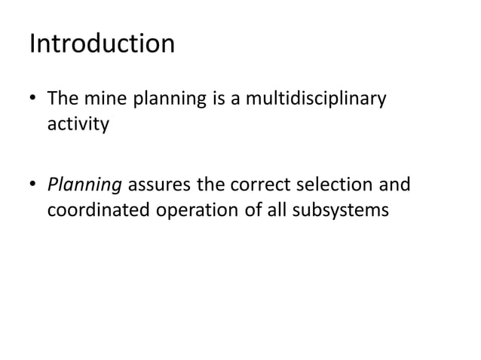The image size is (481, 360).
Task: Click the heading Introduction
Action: [102, 44]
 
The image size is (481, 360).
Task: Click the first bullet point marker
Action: [34, 100]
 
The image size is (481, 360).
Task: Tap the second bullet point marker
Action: [34, 185]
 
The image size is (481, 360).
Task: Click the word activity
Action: [78, 124]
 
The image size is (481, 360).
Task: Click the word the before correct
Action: [213, 185]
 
